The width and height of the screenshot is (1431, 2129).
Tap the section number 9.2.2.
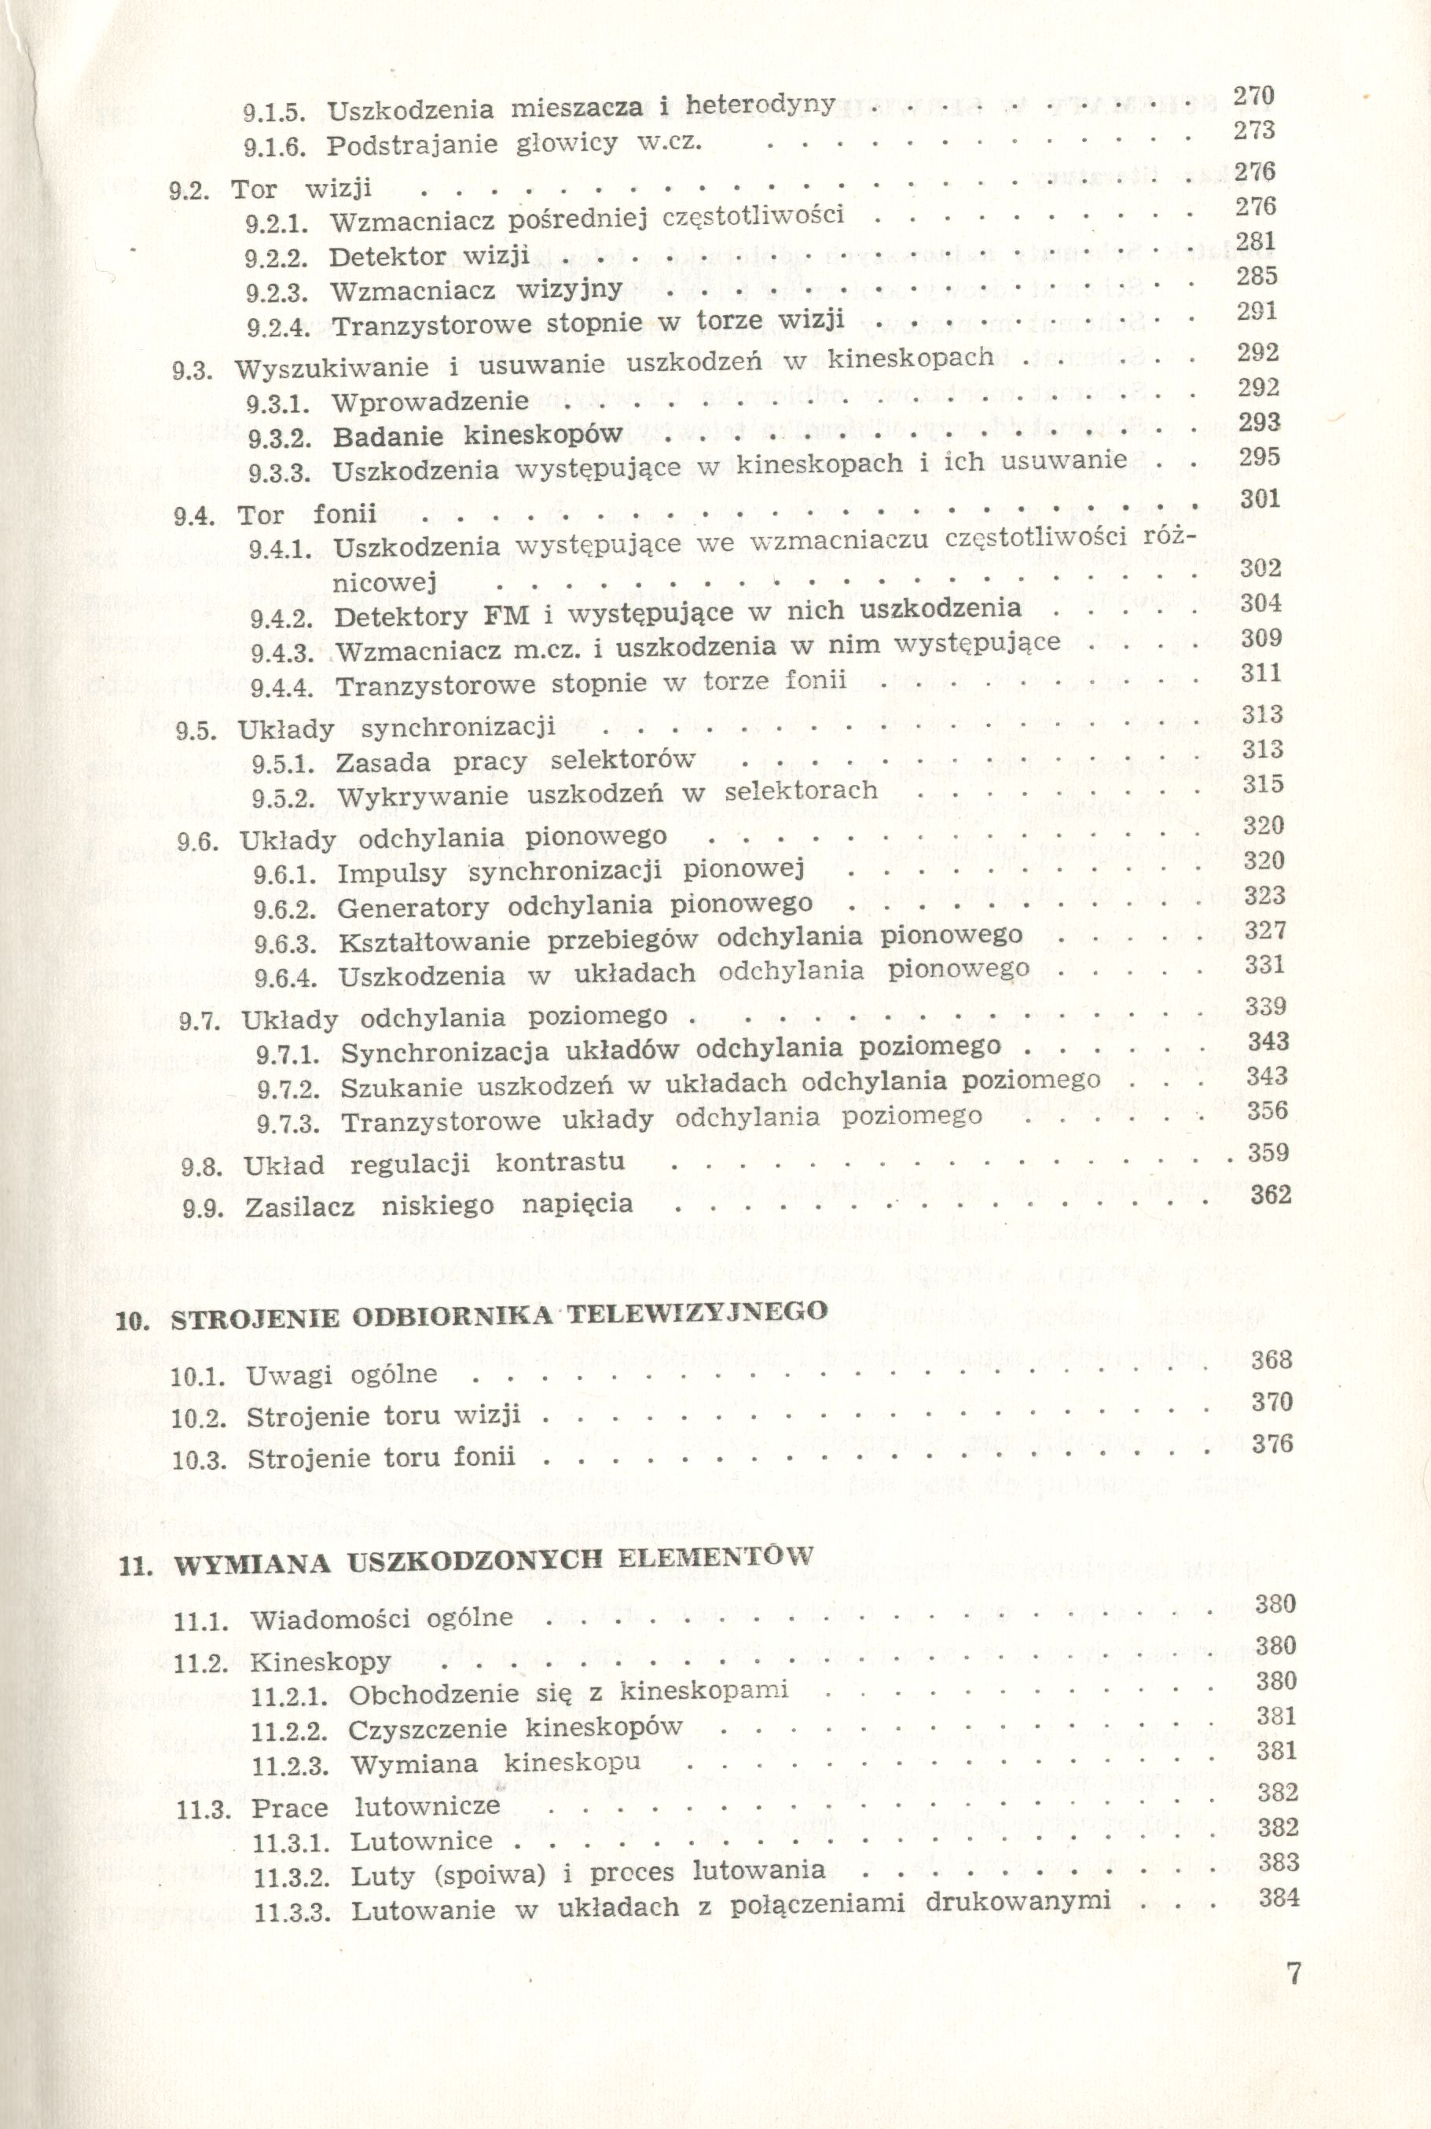coord(277,257)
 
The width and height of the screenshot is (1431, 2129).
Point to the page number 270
coord(1254,96)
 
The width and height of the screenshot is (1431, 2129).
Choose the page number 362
coord(1271,1195)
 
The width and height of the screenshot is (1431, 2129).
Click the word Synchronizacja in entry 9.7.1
coord(446,1052)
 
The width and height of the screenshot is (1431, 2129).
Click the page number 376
coord(1272,1443)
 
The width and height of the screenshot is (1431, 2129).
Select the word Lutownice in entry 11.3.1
coord(420,1841)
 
